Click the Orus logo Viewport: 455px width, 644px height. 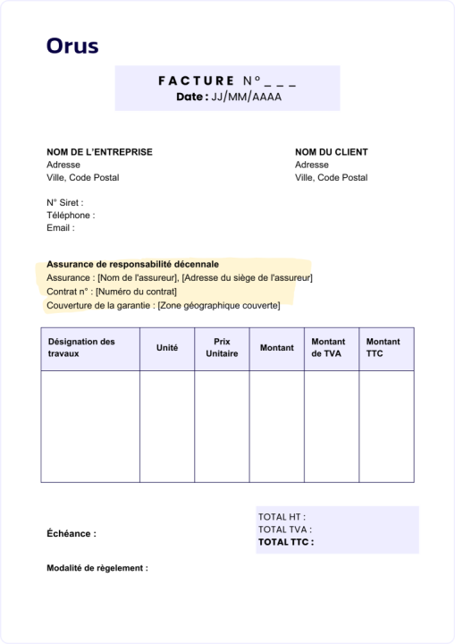coord(72,46)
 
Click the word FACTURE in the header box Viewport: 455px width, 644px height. coord(195,80)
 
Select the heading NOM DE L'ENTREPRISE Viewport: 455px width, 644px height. coord(99,152)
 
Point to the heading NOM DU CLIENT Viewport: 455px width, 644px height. coord(331,152)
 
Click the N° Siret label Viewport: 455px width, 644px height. coord(64,203)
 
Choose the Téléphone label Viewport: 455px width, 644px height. coord(71,216)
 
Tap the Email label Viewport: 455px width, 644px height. coord(61,228)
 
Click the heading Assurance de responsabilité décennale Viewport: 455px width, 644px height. coord(132,265)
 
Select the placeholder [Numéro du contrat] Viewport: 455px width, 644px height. coord(136,292)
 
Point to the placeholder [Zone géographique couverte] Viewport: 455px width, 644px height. coord(218,306)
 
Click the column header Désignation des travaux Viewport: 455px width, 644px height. coord(81,347)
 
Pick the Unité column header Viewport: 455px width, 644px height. coord(167,347)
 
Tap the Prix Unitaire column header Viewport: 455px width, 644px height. coord(222,347)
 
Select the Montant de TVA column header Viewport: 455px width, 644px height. coord(328,347)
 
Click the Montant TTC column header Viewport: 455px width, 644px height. coord(383,347)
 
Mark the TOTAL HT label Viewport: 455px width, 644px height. coord(282,517)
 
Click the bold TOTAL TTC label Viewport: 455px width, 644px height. coord(286,542)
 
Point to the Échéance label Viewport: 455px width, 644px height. coord(71,534)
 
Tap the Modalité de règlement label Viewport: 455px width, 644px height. coord(97,568)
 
